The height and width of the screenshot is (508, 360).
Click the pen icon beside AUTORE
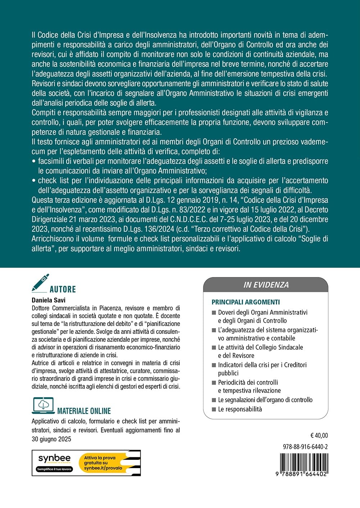[40, 283]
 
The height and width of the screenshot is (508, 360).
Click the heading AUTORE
[63, 289]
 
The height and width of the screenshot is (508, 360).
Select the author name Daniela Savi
[49, 300]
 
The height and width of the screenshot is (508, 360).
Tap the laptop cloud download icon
[43, 405]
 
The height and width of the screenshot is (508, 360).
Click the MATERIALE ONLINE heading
[84, 411]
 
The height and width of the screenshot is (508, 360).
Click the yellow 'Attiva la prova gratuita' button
[108, 463]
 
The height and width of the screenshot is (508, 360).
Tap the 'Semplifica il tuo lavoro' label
[54, 469]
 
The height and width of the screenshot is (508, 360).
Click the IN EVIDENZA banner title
[266, 285]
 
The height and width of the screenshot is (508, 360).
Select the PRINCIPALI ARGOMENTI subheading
[246, 302]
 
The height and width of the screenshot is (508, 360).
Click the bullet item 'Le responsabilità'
[240, 409]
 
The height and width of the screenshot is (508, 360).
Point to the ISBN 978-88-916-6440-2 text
[305, 447]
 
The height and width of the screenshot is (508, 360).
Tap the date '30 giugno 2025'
[51, 439]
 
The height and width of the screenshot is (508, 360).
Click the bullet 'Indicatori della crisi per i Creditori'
[262, 365]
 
